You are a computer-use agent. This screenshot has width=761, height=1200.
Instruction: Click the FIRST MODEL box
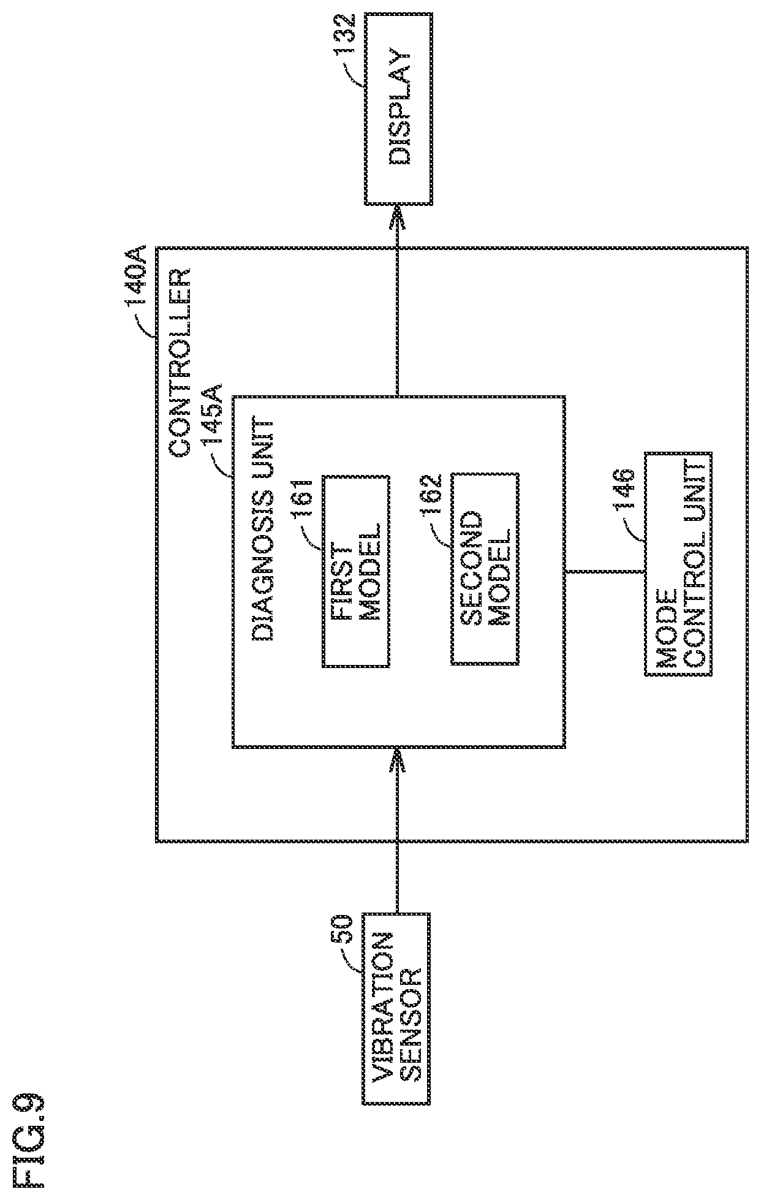coord(356,571)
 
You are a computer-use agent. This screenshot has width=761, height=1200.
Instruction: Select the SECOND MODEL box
coord(485,568)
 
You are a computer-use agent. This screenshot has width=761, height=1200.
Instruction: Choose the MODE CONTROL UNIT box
coord(678,564)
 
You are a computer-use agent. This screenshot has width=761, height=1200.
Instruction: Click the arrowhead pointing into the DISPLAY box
coord(398,215)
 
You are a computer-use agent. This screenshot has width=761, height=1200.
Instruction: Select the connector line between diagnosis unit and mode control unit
coord(604,571)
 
